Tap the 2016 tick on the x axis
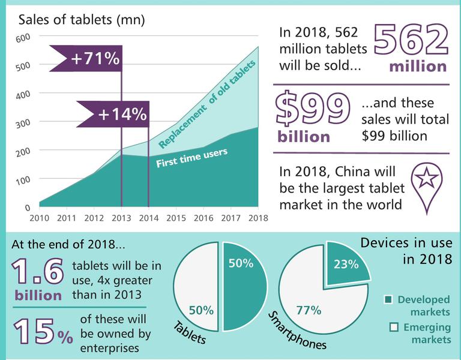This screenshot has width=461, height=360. pyautogui.click(x=204, y=217)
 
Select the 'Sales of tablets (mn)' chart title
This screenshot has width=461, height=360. pyautogui.click(x=82, y=20)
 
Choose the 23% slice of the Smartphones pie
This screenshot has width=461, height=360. pyautogui.click(x=348, y=262)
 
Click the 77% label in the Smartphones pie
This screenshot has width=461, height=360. pyautogui.click(x=309, y=310)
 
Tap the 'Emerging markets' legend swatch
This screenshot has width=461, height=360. pyautogui.click(x=394, y=327)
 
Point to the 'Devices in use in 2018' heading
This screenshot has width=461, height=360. pyautogui.click(x=406, y=251)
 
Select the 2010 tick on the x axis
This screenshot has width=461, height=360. pyautogui.click(x=39, y=217)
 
